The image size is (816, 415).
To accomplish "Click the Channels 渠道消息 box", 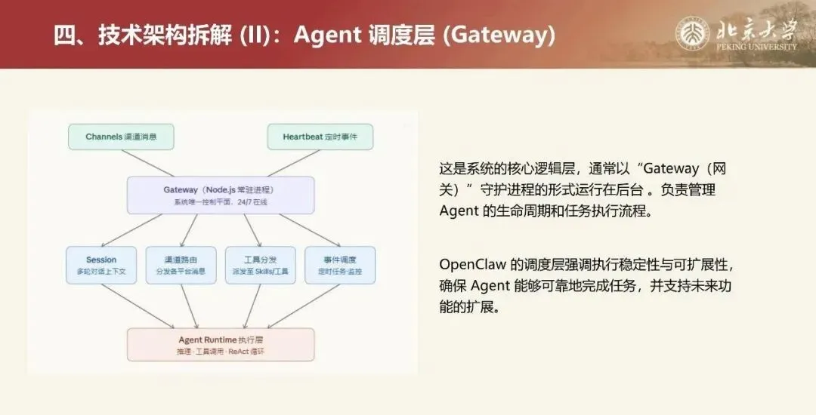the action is point(120,137).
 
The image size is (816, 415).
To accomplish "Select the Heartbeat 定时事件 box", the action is point(320,137).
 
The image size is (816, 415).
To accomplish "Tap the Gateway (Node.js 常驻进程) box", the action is point(221,195).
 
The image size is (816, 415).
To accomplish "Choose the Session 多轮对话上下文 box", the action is point(101,265).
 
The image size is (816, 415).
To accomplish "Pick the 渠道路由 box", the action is point(181,265).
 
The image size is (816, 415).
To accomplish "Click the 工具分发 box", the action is point(260,265).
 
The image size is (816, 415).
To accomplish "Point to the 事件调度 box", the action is point(340,265).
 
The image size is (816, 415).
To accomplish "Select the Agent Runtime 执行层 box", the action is point(221,344).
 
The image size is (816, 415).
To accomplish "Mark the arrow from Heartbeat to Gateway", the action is point(293,162).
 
